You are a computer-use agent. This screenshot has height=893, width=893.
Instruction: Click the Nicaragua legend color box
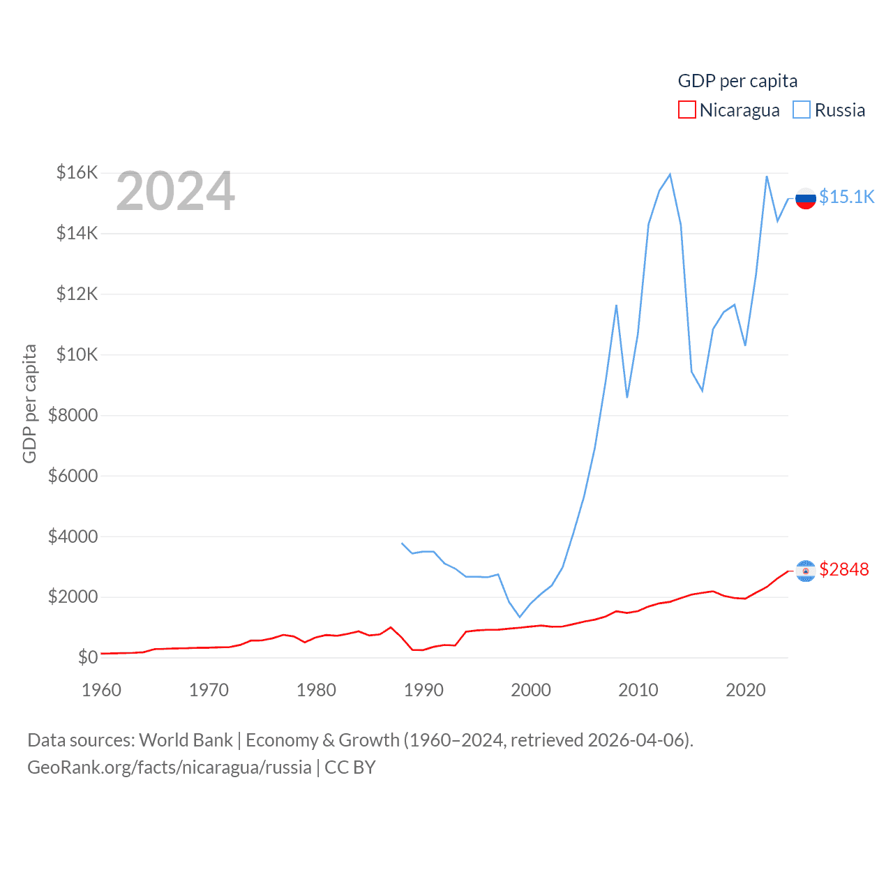click(x=686, y=110)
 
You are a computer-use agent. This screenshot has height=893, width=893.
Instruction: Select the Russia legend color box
click(x=802, y=110)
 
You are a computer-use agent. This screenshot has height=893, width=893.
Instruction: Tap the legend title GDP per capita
click(x=737, y=81)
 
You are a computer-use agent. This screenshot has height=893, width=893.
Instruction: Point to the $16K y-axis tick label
click(x=77, y=172)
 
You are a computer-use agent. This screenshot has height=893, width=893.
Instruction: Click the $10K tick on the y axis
click(x=77, y=354)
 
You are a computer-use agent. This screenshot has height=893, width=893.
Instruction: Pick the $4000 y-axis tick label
click(x=73, y=536)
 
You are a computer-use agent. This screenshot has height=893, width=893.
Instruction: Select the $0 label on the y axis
click(x=88, y=657)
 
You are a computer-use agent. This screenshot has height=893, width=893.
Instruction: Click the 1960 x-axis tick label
click(x=101, y=690)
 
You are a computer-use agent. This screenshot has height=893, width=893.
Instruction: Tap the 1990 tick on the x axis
click(x=423, y=690)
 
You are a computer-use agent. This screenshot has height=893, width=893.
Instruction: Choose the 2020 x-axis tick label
click(x=746, y=690)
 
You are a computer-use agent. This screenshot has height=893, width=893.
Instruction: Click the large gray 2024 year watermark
click(x=175, y=191)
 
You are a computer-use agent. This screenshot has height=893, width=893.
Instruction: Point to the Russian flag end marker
click(x=806, y=198)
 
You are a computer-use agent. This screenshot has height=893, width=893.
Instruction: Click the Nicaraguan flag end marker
click(x=806, y=571)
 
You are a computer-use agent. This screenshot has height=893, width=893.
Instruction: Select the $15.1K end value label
click(x=846, y=197)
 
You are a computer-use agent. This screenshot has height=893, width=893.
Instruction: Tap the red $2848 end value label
click(x=844, y=569)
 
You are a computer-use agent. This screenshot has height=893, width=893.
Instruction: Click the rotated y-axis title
click(x=29, y=403)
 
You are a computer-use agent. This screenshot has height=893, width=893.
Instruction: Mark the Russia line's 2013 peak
click(x=670, y=174)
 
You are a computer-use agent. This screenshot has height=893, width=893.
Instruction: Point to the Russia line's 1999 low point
click(x=520, y=617)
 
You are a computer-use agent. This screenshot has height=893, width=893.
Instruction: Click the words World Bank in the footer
click(x=186, y=740)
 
